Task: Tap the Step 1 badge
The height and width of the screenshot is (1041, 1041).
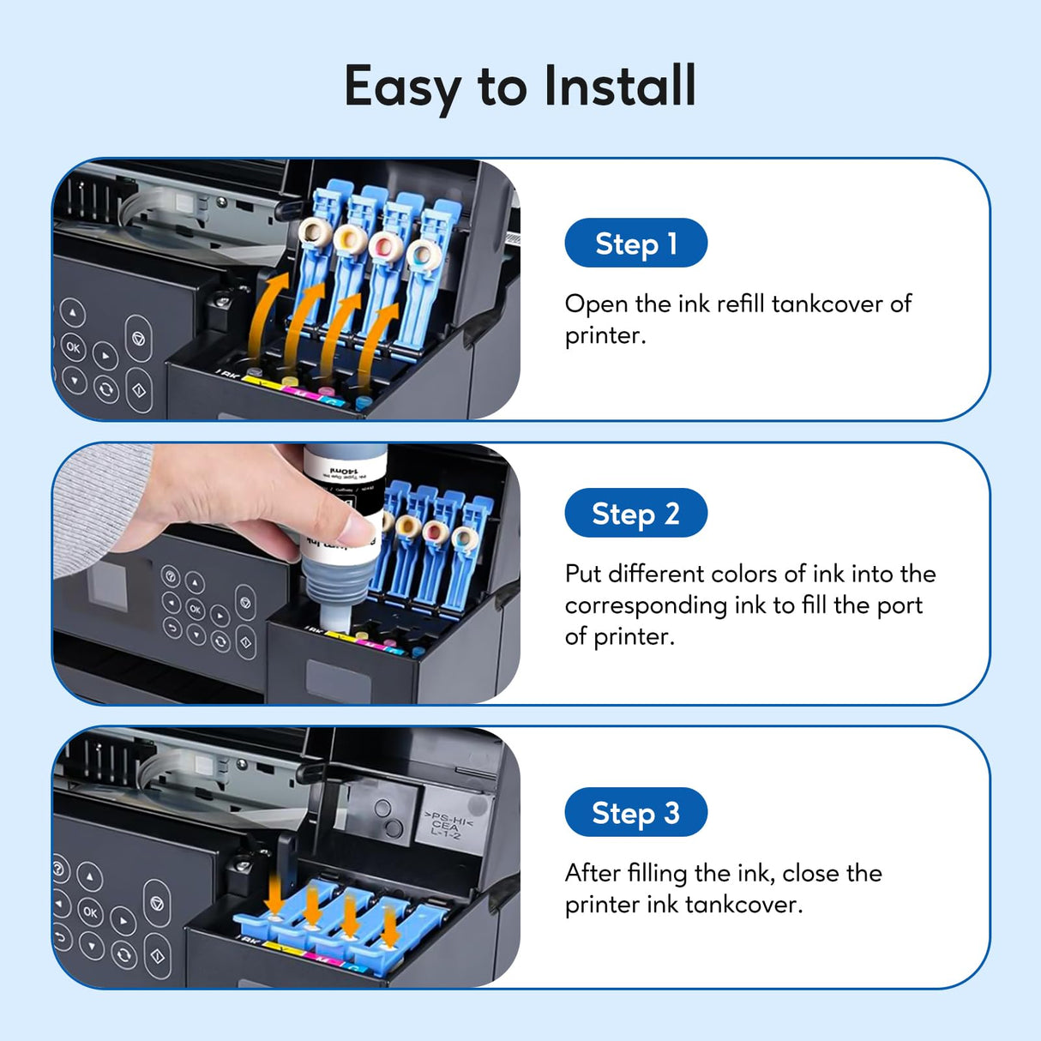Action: pyautogui.click(x=635, y=244)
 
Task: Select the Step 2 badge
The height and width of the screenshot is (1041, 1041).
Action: pyautogui.click(x=635, y=514)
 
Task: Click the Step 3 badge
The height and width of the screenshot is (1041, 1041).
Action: pyautogui.click(x=635, y=812)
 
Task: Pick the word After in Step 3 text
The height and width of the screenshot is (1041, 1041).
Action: pyautogui.click(x=592, y=873)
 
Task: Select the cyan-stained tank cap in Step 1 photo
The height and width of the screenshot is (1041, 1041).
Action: pyautogui.click(x=422, y=255)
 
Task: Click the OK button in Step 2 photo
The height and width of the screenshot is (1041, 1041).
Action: pyautogui.click(x=196, y=609)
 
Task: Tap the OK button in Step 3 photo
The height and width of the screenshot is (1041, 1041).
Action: pyautogui.click(x=91, y=911)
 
